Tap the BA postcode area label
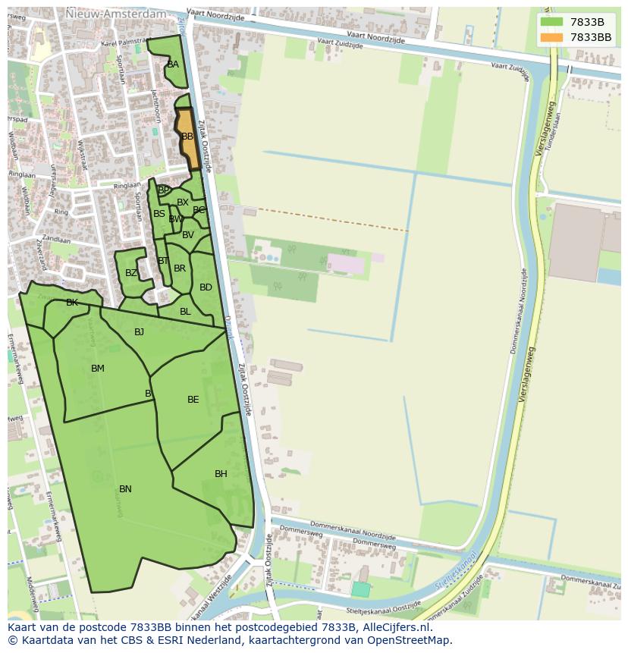click(x=173, y=64)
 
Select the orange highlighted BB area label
click(x=187, y=137)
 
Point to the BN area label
click(x=125, y=489)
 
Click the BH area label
click(x=221, y=474)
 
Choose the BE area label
click(x=193, y=400)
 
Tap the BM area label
click(x=98, y=369)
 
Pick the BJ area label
click(x=139, y=332)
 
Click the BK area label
click(x=72, y=303)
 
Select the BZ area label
click(x=131, y=273)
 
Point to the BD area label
click(x=206, y=287)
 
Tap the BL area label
click(x=185, y=312)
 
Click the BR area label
click(x=180, y=268)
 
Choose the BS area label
click(x=159, y=214)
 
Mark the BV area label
click(x=188, y=235)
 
